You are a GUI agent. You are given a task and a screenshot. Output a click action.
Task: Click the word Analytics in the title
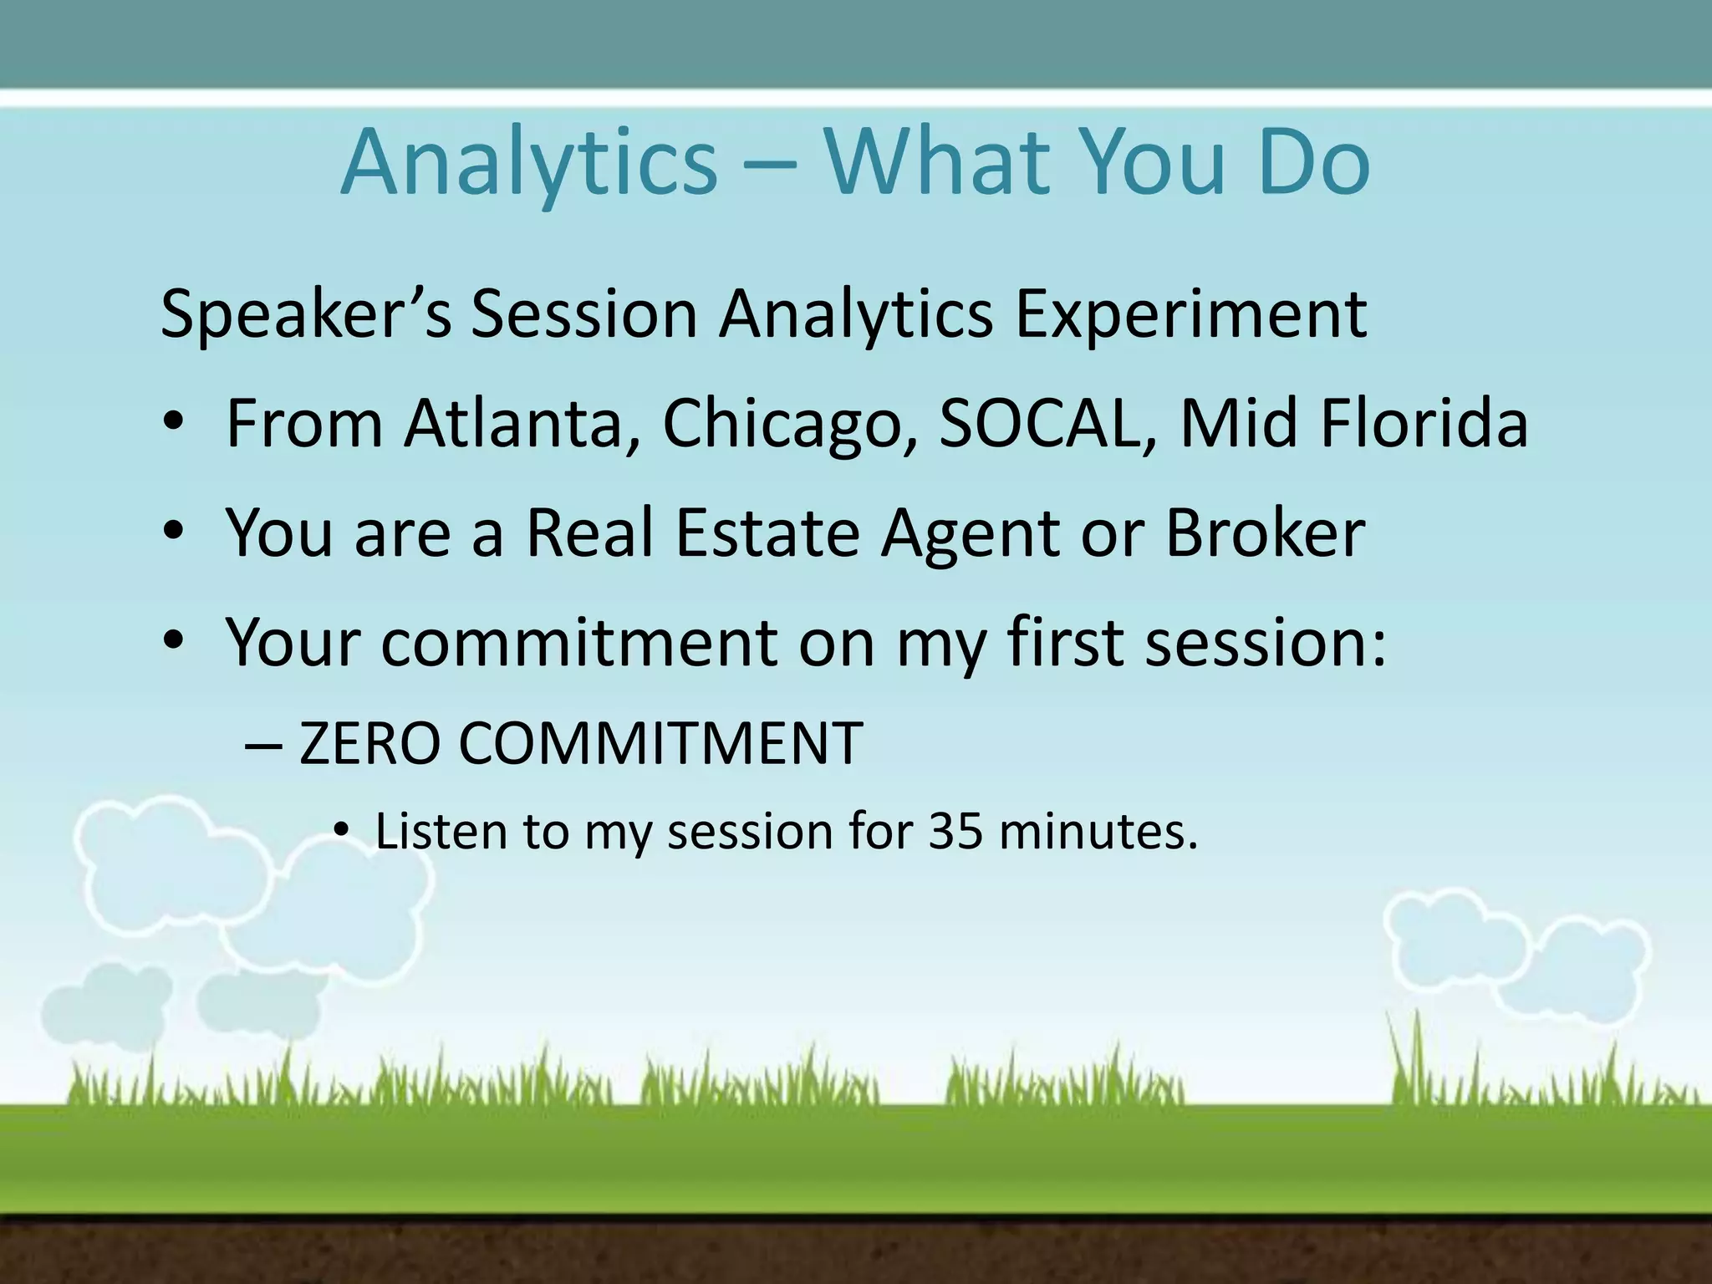click(528, 163)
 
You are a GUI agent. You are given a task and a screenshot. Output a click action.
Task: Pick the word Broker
click(1265, 532)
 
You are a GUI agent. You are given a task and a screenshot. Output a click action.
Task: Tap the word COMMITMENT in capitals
click(660, 743)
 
